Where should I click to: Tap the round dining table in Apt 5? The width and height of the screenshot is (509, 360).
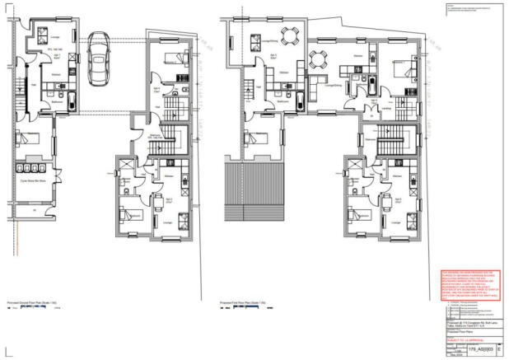(287, 36)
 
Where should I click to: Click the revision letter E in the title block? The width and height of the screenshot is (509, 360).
(497, 350)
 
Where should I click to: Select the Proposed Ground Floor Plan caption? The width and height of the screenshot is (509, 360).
(30, 302)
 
